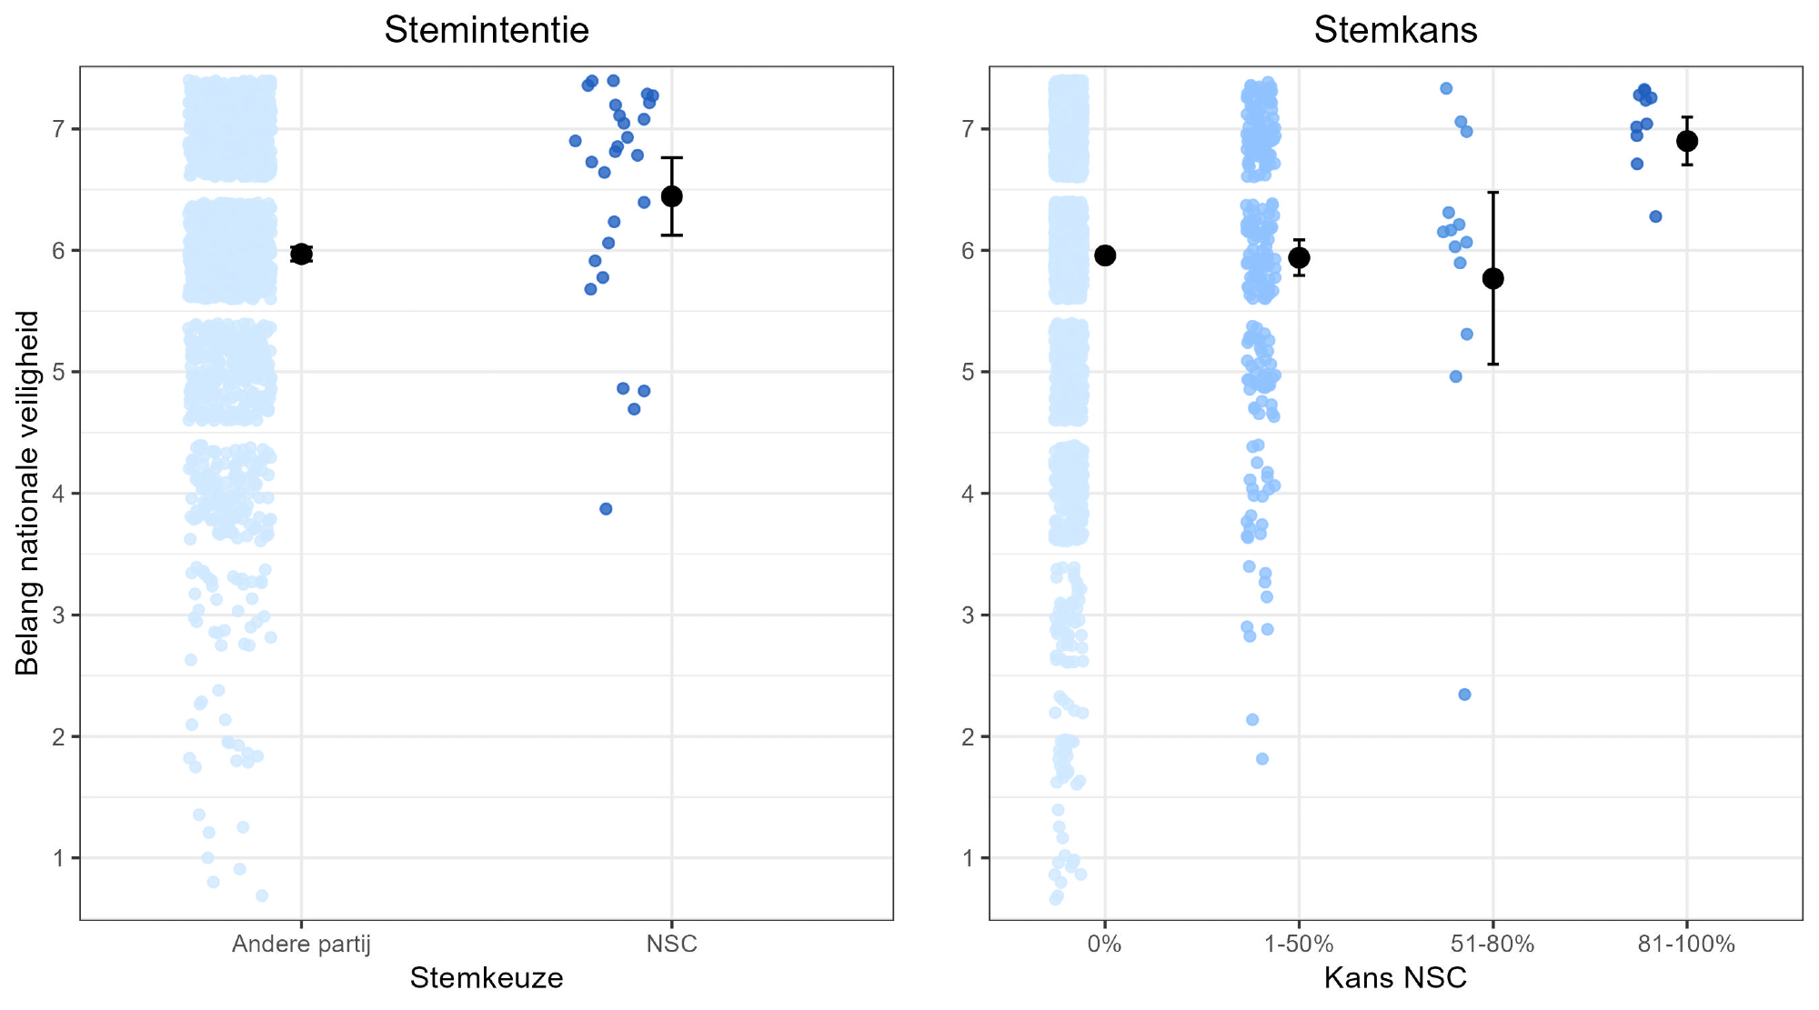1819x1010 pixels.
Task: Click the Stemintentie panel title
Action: click(487, 31)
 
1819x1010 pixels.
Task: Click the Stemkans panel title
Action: click(1395, 31)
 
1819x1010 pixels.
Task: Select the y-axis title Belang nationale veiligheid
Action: click(28, 493)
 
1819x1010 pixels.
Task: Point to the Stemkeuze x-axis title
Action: click(487, 978)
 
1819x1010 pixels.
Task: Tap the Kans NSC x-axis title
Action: click(1395, 978)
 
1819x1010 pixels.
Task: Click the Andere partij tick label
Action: click(301, 945)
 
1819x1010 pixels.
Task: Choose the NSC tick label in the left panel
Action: click(671, 945)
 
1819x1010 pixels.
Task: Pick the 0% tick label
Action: click(1104, 945)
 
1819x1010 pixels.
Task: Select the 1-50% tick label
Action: click(1299, 945)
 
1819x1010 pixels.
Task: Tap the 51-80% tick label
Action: click(1492, 945)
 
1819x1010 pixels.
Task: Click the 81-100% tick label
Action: click(1686, 945)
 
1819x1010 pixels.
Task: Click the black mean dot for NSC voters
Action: click(671, 196)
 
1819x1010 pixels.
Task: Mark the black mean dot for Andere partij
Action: click(301, 254)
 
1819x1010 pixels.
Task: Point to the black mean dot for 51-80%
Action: click(1492, 278)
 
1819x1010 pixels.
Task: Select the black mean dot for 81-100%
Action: click(1687, 141)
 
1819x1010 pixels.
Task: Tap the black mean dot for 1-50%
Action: click(1299, 257)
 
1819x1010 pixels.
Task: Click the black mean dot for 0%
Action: click(1105, 255)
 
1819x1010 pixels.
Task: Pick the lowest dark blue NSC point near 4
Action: click(606, 509)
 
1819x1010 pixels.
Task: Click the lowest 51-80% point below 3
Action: click(1464, 695)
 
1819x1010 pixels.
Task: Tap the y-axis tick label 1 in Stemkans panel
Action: click(969, 858)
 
